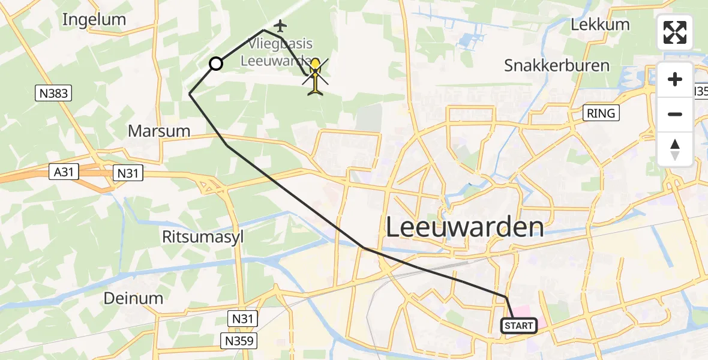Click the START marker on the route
pyautogui.click(x=519, y=326)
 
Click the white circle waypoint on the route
pyautogui.click(x=215, y=64)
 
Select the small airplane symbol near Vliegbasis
pyautogui.click(x=280, y=26)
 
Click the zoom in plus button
pyautogui.click(x=675, y=79)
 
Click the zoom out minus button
pyautogui.click(x=675, y=114)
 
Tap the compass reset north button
pyautogui.click(x=675, y=149)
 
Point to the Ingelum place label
pyautogui.click(x=94, y=20)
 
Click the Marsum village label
pyautogui.click(x=159, y=131)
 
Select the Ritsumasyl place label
pyautogui.click(x=203, y=237)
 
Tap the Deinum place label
pyautogui.click(x=133, y=298)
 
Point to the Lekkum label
pyautogui.click(x=600, y=25)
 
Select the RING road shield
pyautogui.click(x=601, y=113)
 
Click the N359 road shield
pyautogui.click(x=239, y=341)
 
